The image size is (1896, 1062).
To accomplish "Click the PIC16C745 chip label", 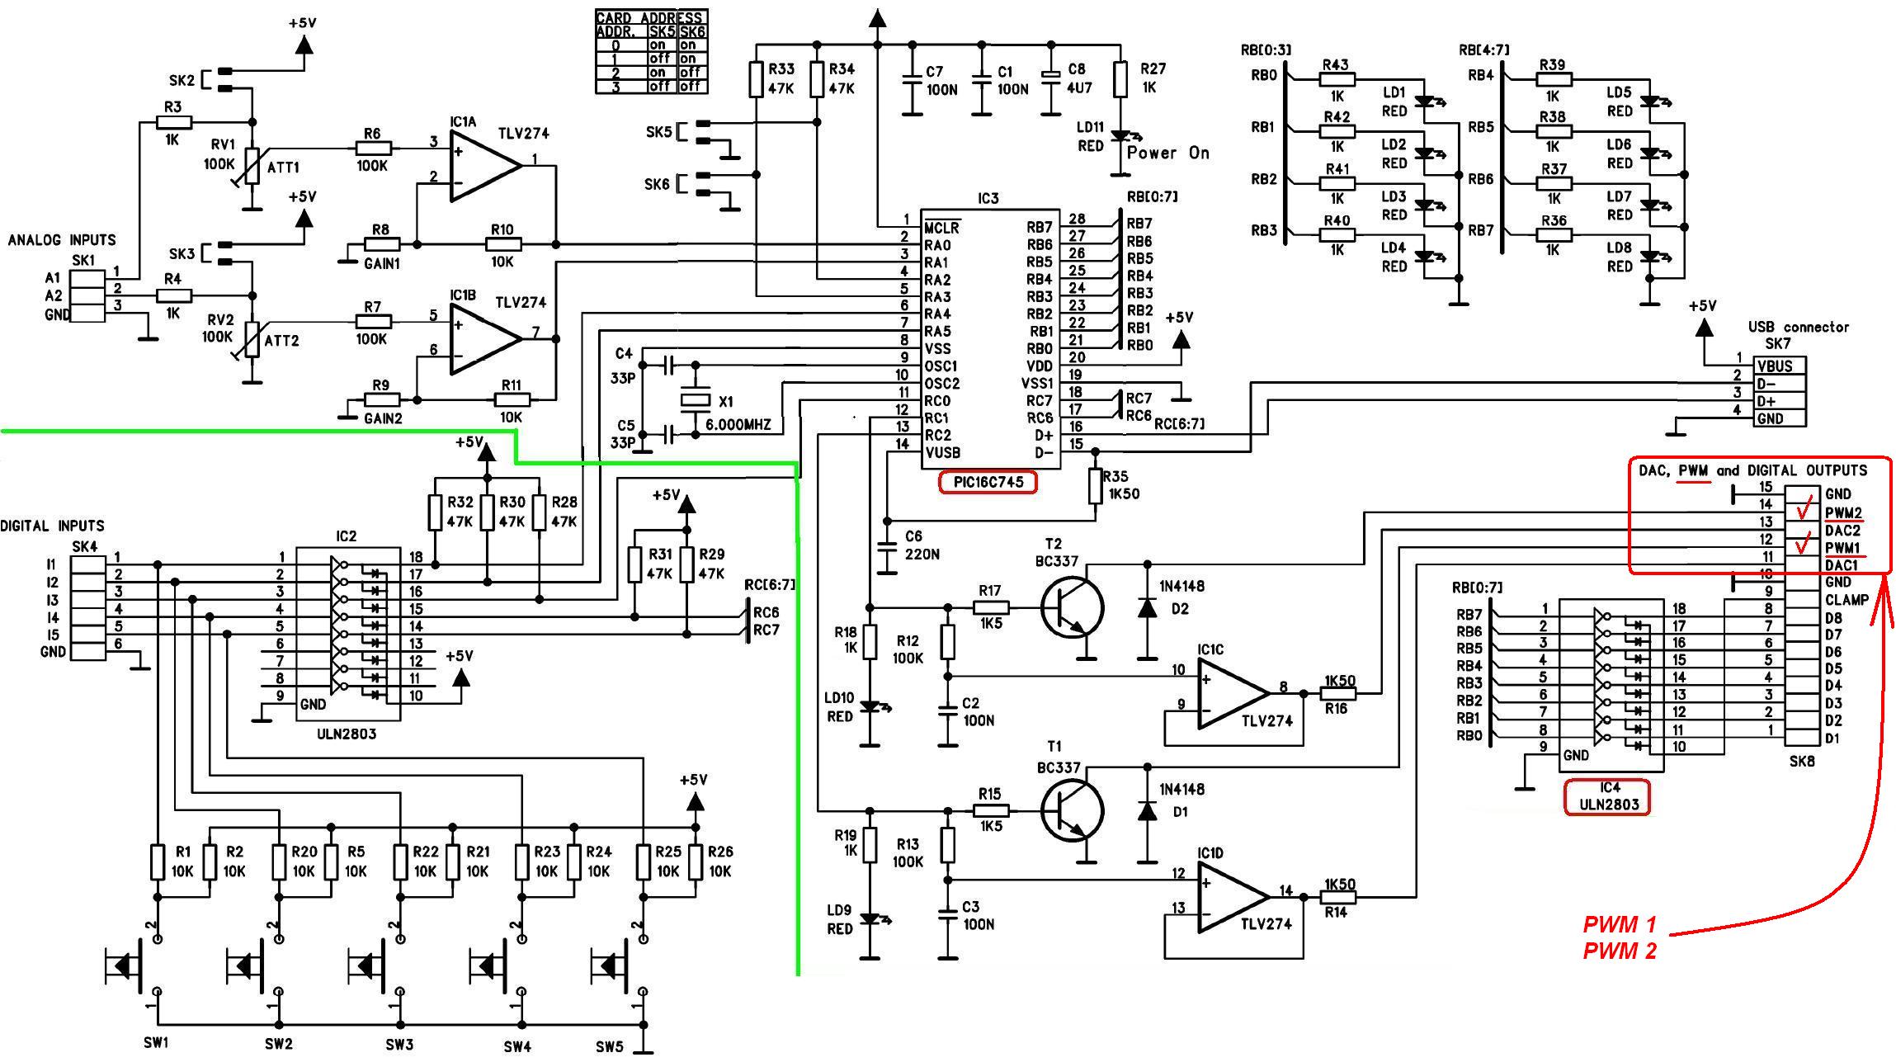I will (x=988, y=482).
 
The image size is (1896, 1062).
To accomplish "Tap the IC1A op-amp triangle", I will (x=483, y=166).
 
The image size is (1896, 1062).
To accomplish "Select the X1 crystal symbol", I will (x=695, y=400).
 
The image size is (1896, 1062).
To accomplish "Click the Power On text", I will (x=1167, y=153).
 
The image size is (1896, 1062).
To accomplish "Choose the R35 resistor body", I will (x=1096, y=486).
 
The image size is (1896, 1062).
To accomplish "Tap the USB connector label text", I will (x=1798, y=327).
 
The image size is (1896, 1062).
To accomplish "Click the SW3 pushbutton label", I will (x=399, y=1045).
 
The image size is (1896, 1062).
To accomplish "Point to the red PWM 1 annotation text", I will (x=1619, y=924).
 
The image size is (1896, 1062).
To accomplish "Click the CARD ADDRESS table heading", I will (x=651, y=17).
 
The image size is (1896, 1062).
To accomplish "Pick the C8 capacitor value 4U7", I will (x=1077, y=88).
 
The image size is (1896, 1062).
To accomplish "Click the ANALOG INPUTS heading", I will (x=62, y=240).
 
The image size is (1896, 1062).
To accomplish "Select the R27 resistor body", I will (x=1120, y=79).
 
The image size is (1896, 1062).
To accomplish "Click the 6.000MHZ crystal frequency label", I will (x=738, y=425).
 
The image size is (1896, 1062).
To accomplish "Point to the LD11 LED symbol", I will (x=1120, y=137).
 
